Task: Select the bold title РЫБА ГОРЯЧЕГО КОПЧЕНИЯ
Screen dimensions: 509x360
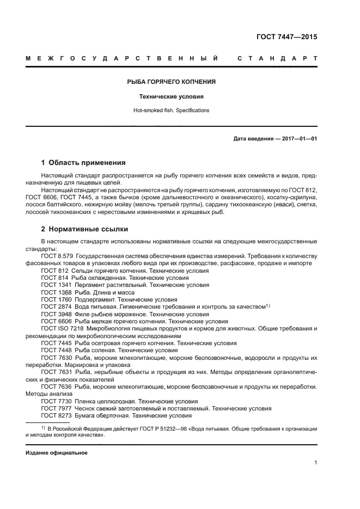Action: (172, 82)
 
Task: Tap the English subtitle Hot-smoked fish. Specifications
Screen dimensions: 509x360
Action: (172, 111)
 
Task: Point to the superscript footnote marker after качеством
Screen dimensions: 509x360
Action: (268, 305)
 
